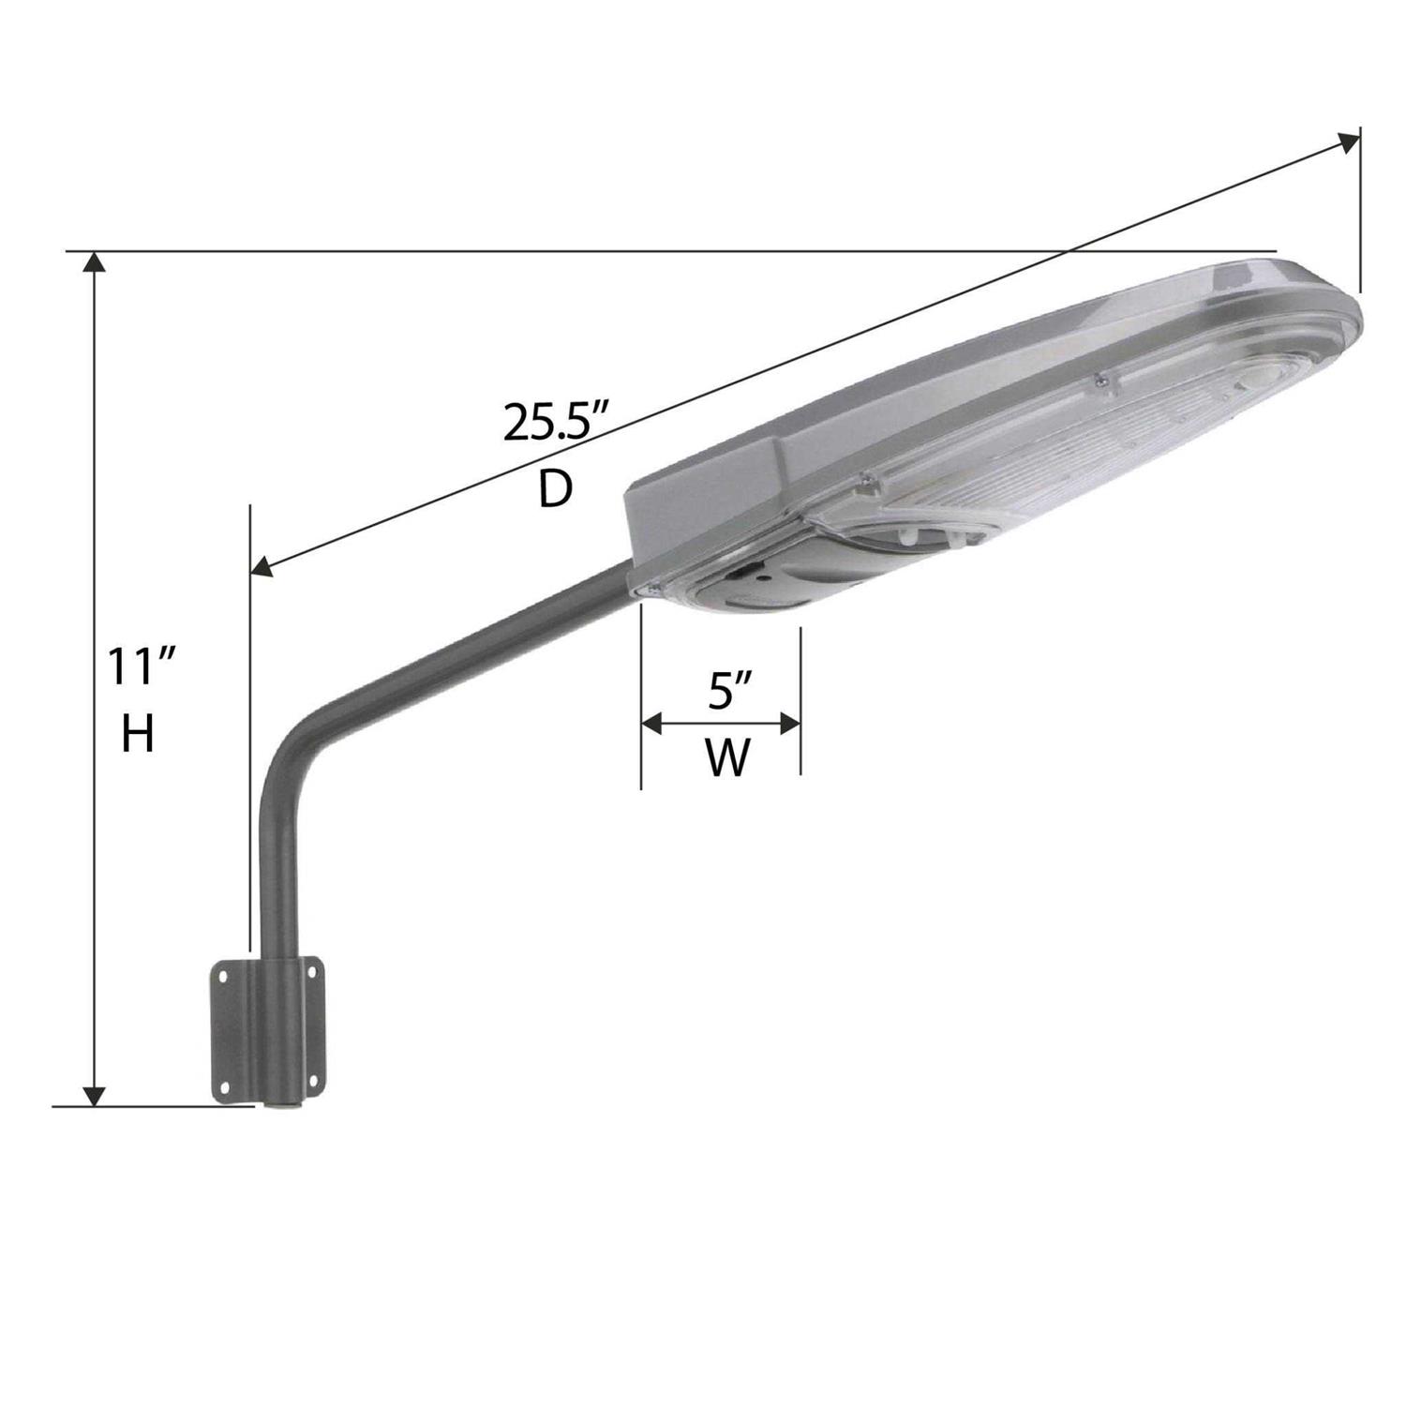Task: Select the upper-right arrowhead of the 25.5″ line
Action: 1348,142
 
